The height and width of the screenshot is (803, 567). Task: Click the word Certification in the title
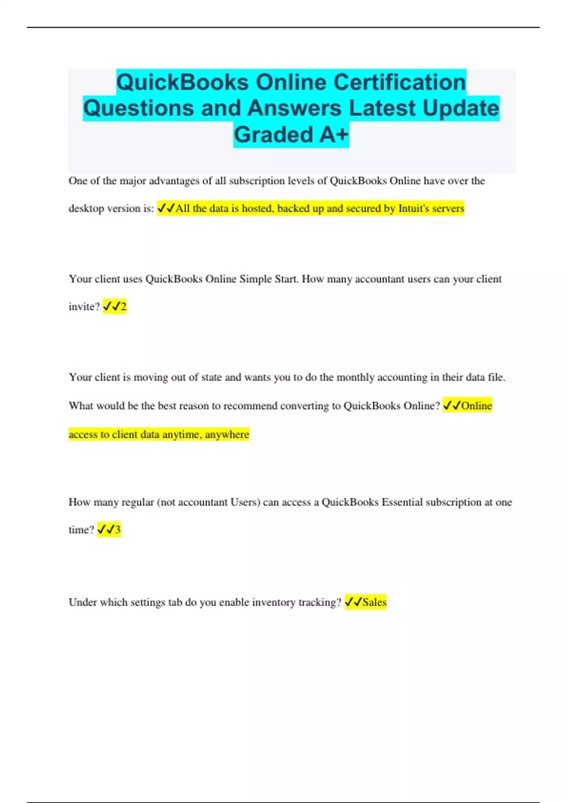coord(400,82)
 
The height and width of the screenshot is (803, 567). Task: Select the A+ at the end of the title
coord(334,135)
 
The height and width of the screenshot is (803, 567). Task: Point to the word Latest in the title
coord(382,108)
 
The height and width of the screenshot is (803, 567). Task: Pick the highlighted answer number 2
coord(123,307)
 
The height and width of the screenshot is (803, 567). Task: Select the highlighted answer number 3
coord(118,530)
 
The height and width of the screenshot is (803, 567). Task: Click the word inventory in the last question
coord(274,602)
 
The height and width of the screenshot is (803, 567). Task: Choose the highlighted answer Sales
coord(374,602)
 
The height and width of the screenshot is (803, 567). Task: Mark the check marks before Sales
coord(353,602)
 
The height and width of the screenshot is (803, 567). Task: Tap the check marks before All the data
coord(166,208)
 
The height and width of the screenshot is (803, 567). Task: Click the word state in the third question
coord(212,377)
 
